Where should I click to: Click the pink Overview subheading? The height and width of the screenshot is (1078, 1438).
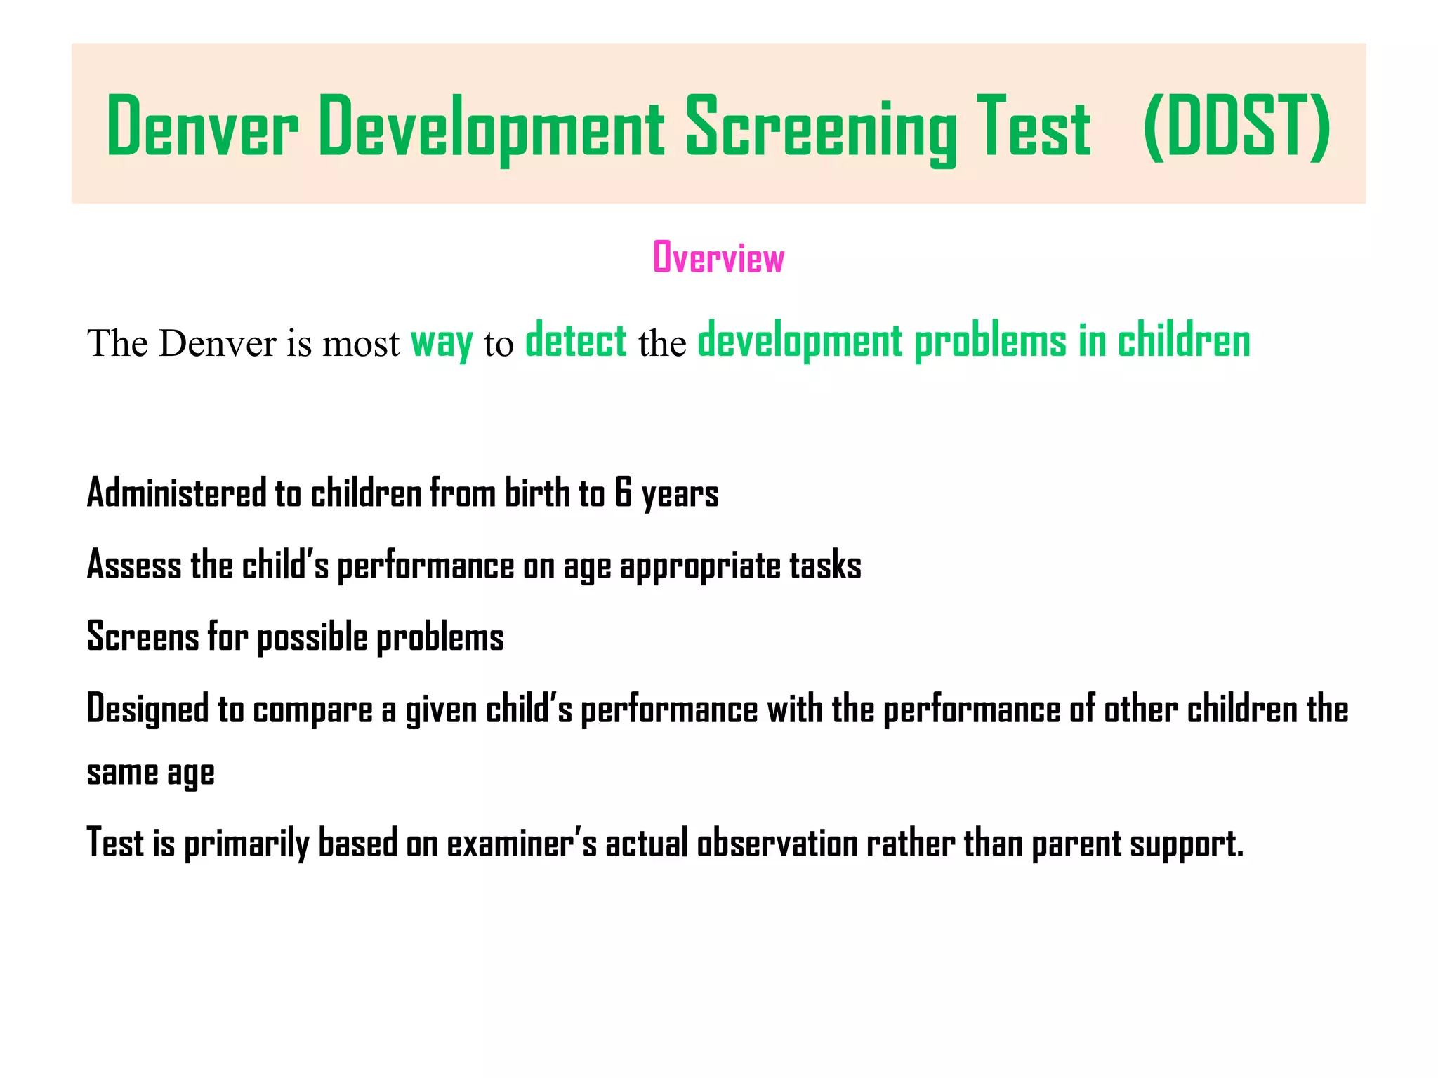pos(718,258)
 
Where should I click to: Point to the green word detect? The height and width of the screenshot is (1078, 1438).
pos(576,342)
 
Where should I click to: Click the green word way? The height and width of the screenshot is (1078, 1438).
pos(441,343)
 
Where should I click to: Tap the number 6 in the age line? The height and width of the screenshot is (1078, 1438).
pos(623,493)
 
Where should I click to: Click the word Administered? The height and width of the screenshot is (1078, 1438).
pos(176,493)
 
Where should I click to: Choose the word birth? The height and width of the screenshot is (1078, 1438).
pos(537,493)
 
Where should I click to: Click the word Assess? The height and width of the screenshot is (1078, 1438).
pos(133,565)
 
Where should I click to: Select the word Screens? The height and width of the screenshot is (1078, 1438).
pos(143,637)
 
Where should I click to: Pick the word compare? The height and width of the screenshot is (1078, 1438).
pos(312,711)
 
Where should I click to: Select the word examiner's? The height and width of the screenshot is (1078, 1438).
pos(522,843)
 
